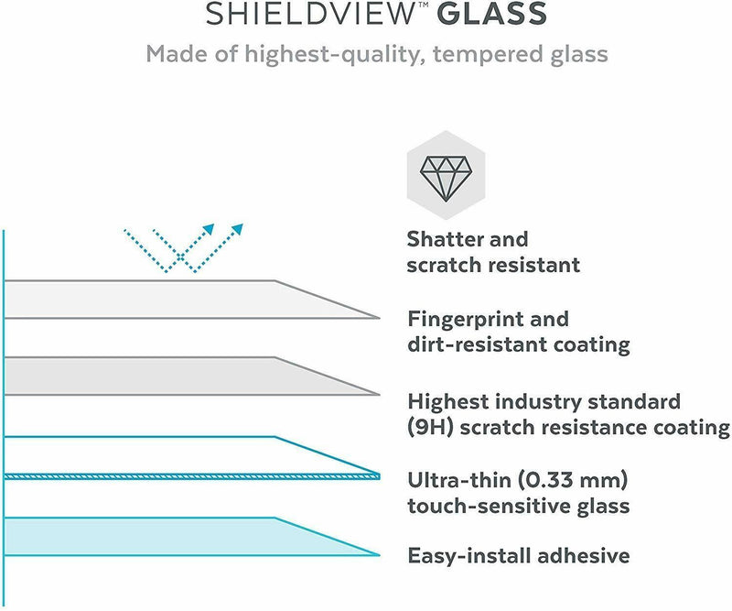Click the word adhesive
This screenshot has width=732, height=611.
point(585,556)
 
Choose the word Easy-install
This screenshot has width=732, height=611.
point(466,556)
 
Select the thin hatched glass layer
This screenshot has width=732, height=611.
point(183,476)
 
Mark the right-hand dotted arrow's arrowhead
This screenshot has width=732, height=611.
point(239,227)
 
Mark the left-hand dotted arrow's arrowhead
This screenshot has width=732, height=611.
point(210,227)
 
